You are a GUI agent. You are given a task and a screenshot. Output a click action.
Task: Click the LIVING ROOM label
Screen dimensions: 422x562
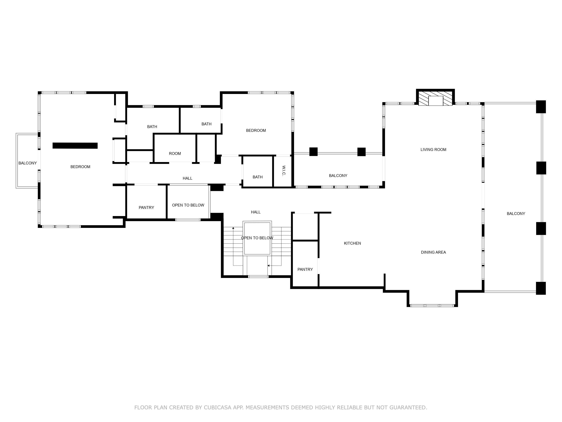(433, 149)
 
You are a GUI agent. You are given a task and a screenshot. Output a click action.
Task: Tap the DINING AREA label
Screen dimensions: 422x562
(433, 252)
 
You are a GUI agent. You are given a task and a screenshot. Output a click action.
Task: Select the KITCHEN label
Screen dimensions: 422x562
(352, 243)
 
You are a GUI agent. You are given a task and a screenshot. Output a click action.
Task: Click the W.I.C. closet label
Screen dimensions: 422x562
(284, 171)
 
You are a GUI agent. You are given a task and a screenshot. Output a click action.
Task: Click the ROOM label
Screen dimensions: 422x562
(175, 153)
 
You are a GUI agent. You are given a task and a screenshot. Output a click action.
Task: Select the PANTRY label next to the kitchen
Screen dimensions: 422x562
(305, 269)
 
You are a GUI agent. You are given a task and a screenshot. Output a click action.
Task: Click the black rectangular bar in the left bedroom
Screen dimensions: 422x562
(75, 146)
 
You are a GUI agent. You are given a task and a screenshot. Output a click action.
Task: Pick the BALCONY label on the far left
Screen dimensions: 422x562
(27, 163)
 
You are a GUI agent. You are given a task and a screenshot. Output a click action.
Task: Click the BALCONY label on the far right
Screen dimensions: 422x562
(516, 214)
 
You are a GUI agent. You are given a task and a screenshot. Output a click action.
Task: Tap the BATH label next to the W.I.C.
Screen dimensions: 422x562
(257, 177)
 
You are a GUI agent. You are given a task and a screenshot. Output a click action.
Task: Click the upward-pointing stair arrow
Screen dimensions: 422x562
(233, 228)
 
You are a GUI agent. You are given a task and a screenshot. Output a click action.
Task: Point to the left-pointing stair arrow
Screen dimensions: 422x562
(268, 266)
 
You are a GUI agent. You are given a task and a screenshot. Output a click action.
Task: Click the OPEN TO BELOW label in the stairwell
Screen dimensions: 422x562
(257, 238)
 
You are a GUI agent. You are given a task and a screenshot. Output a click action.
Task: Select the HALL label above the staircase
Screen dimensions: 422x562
(256, 212)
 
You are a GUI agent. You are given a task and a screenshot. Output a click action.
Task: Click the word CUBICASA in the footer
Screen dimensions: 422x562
(217, 408)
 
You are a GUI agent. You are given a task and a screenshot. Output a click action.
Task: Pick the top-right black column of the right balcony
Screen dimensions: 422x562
(541, 107)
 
